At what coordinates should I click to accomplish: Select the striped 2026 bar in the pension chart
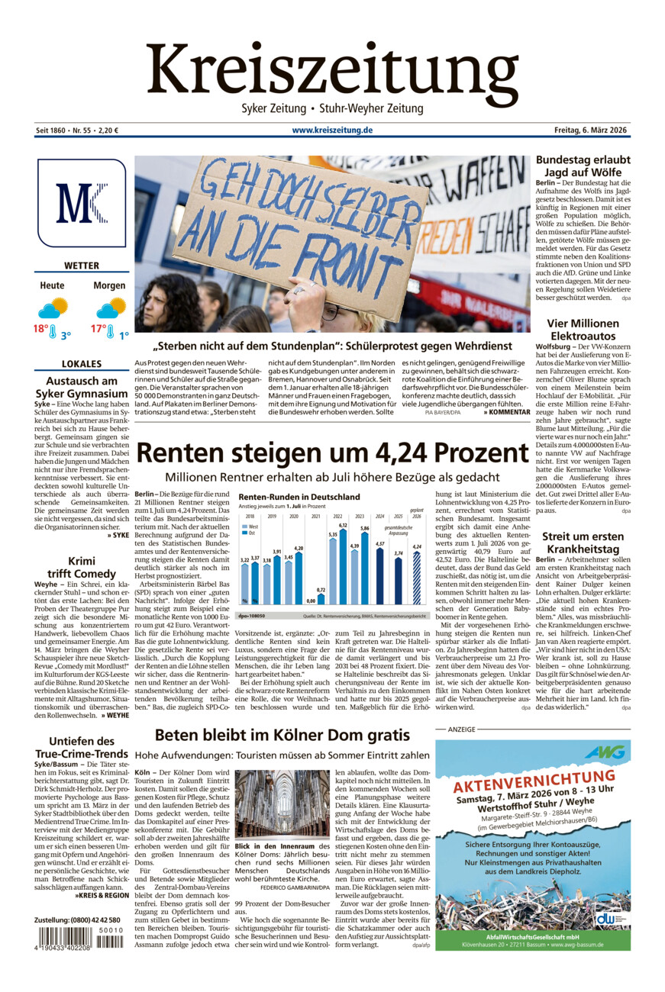[416, 578]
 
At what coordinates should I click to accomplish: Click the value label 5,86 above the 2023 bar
[365, 528]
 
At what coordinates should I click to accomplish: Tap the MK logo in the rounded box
[81, 203]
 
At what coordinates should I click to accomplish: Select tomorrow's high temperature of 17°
[99, 329]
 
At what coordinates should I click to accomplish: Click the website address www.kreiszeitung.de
[332, 130]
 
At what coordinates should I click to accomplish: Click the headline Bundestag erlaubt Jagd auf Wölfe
[583, 166]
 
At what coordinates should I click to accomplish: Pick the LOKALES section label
[82, 364]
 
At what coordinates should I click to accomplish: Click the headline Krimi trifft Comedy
[82, 567]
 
